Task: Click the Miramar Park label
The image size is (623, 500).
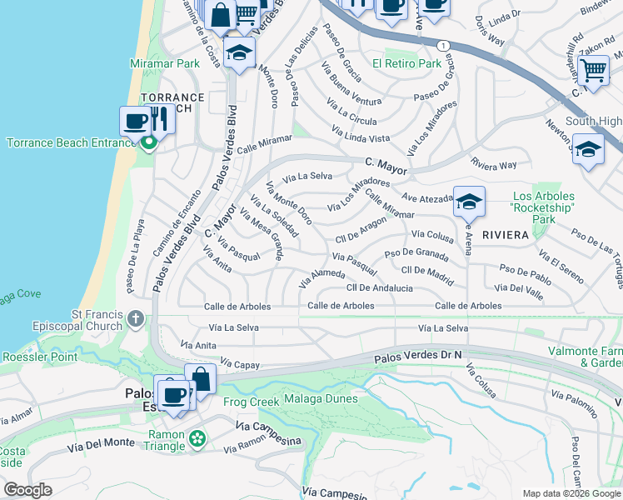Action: click(165, 63)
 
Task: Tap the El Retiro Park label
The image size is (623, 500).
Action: click(406, 63)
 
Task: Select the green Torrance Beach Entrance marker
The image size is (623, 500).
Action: click(149, 143)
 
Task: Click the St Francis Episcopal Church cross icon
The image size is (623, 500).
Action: click(135, 318)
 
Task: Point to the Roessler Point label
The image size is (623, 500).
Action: click(39, 357)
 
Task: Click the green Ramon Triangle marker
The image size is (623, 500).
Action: click(197, 438)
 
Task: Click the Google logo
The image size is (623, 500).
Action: click(28, 490)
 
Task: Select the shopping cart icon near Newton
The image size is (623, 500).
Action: click(592, 71)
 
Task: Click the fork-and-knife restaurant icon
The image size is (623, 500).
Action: click(160, 120)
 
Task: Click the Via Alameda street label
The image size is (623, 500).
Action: click(321, 278)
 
